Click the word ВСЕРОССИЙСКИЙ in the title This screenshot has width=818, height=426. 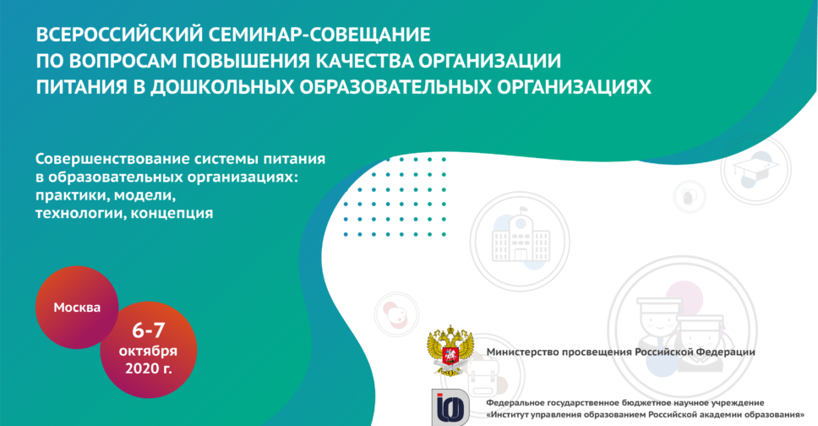119,35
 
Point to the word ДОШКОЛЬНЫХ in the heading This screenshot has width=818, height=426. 222,87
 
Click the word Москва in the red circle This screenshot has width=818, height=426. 77,308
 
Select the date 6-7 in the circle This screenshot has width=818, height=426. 149,330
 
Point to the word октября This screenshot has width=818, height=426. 148,351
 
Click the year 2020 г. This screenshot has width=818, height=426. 148,369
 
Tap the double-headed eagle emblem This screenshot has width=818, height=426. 450,350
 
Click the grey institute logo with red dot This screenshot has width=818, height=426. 450,407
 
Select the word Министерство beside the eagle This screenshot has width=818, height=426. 522,352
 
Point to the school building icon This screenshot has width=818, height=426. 521,240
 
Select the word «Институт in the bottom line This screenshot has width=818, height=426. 506,415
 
